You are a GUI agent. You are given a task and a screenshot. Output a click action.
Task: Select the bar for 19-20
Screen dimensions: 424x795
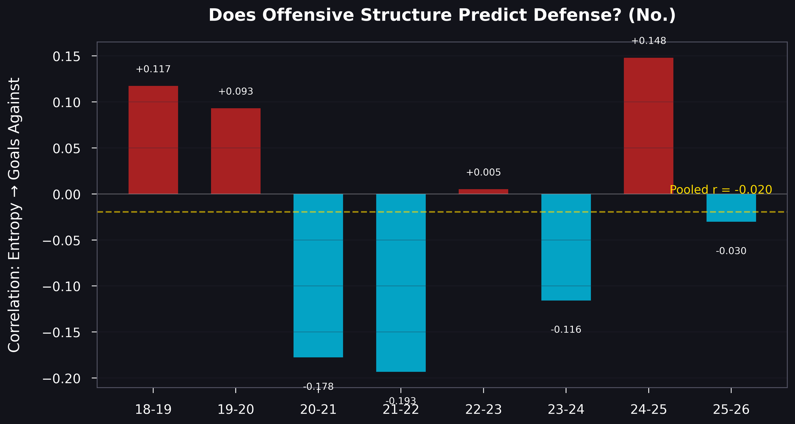click(x=236, y=151)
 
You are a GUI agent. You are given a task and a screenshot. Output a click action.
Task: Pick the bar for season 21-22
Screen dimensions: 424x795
click(x=401, y=283)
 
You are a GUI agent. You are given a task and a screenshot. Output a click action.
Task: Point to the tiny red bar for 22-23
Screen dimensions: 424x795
click(x=483, y=192)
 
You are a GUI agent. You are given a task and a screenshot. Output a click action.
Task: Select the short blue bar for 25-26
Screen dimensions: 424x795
click(x=731, y=208)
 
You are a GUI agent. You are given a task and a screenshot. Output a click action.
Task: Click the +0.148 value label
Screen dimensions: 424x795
click(x=648, y=41)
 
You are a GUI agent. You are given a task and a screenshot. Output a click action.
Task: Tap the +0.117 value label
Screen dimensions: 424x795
click(x=153, y=69)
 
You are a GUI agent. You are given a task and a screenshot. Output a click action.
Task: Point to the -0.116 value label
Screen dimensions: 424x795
click(x=566, y=329)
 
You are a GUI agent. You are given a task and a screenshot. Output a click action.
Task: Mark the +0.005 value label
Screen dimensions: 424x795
click(x=483, y=172)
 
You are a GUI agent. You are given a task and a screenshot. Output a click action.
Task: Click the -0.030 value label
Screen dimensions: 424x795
click(x=731, y=251)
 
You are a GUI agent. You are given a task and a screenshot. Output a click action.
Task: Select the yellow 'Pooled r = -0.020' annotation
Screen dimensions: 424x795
click(x=721, y=190)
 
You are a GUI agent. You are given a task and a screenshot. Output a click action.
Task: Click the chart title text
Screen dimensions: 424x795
click(x=442, y=15)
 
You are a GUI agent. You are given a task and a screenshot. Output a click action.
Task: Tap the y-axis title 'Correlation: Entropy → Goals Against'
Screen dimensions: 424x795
click(x=14, y=215)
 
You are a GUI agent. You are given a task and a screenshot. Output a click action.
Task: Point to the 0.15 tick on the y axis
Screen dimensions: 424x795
click(x=66, y=56)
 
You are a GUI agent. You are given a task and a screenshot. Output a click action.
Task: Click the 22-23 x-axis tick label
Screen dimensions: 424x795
click(x=483, y=409)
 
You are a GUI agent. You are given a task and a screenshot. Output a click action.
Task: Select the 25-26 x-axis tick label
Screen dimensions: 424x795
click(x=731, y=409)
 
